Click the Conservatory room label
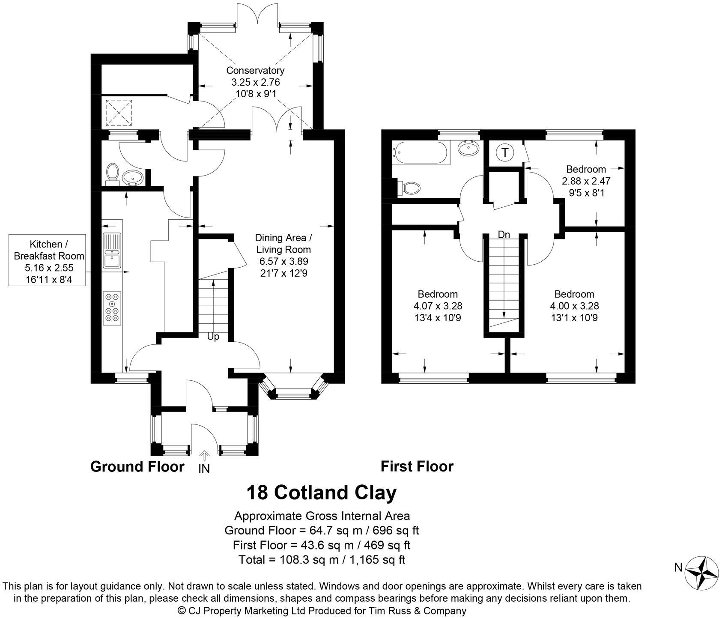pos(255,71)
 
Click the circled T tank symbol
pos(505,152)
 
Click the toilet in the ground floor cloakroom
pos(113,173)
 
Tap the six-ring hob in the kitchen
pos(113,307)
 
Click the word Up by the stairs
pos(213,337)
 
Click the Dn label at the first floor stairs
pos(504,235)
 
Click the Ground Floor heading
pos(137,466)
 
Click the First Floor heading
pos(417,466)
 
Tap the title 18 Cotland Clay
pos(321,493)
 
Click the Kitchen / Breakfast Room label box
pos(49,260)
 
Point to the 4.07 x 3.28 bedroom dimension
pos(438,306)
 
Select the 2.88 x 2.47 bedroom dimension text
pos(586,181)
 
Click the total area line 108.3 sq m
pos(321,559)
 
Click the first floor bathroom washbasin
pos(469,149)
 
